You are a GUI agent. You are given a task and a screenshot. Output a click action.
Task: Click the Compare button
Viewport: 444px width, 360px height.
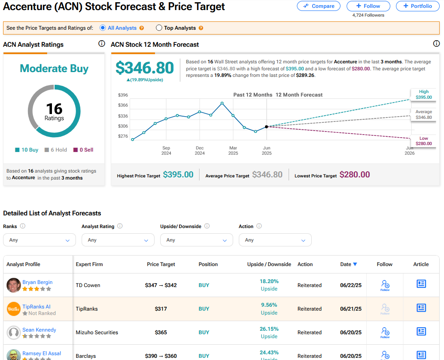319,6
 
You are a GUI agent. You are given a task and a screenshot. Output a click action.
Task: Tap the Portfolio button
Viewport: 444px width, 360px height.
418,6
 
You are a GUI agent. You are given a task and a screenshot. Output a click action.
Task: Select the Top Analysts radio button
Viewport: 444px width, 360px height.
159,28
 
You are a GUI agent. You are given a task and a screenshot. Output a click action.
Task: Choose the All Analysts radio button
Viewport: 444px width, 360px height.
103,28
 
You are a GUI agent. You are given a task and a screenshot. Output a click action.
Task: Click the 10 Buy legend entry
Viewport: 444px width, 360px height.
27,150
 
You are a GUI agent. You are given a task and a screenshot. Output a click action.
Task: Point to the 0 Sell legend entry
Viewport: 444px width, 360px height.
83,150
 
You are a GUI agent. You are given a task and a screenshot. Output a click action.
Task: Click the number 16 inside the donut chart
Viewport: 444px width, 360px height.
54,108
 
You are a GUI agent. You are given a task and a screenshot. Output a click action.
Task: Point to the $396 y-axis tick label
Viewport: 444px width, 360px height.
123,95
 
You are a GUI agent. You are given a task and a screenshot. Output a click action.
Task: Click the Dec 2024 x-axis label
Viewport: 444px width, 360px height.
200,151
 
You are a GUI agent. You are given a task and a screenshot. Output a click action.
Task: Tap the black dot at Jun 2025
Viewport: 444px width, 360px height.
266,127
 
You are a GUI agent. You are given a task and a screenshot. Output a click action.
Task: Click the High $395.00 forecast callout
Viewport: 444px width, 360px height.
423,94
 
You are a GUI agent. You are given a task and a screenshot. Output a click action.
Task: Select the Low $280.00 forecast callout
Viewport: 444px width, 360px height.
423,141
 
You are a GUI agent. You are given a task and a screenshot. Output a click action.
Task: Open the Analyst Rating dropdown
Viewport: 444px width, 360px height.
118,240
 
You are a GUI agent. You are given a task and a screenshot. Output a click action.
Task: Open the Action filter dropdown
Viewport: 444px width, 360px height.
275,240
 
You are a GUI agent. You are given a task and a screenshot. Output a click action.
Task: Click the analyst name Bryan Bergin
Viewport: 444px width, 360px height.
38,282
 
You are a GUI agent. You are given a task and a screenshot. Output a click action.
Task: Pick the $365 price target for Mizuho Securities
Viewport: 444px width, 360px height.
161,332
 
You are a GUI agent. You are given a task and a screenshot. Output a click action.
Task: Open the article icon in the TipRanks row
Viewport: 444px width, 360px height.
421,308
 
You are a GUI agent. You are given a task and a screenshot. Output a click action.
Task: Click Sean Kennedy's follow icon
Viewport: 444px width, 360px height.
385,332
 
